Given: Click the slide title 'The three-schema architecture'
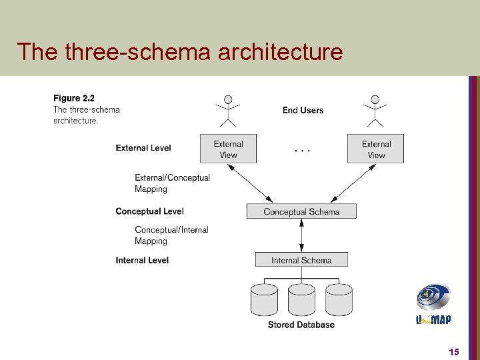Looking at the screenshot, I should tap(179, 51).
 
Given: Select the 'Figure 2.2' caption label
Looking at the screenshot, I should tap(73, 99).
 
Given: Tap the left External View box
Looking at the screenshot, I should tap(228, 149).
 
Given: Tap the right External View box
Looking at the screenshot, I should tap(375, 149).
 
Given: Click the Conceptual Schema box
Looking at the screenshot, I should tap(301, 211).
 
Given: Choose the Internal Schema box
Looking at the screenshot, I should tap(301, 260).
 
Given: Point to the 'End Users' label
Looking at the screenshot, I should tap(303, 110).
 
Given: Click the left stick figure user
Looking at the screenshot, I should tap(228, 111).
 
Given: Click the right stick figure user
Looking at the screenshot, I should tap(375, 111).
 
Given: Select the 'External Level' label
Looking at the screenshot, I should tap(143, 148).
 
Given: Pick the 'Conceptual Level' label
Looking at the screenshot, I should tap(149, 211).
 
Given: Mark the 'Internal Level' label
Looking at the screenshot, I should tap(142, 260).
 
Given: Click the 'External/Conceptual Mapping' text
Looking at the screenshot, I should tap(172, 183).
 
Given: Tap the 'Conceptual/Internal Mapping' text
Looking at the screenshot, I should tap(171, 235).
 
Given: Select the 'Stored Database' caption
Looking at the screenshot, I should tap(301, 325).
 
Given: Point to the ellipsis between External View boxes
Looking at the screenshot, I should tap(302, 151).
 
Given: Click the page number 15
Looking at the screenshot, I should tap(453, 352).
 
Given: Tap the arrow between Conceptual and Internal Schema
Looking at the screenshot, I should tap(302, 235).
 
